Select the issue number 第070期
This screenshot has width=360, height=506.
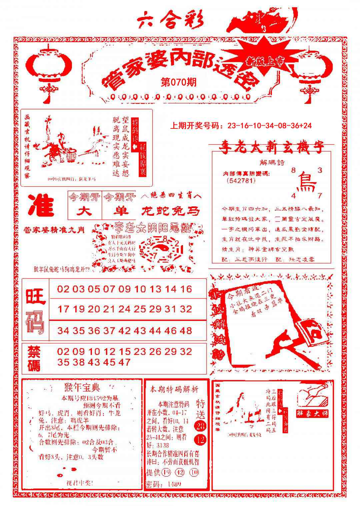178,82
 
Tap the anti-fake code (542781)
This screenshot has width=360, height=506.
240,181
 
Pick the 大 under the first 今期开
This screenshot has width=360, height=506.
85,211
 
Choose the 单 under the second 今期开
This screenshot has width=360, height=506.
119,211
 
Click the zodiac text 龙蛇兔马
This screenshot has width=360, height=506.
171,211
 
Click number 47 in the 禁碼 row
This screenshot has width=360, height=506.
124,362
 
